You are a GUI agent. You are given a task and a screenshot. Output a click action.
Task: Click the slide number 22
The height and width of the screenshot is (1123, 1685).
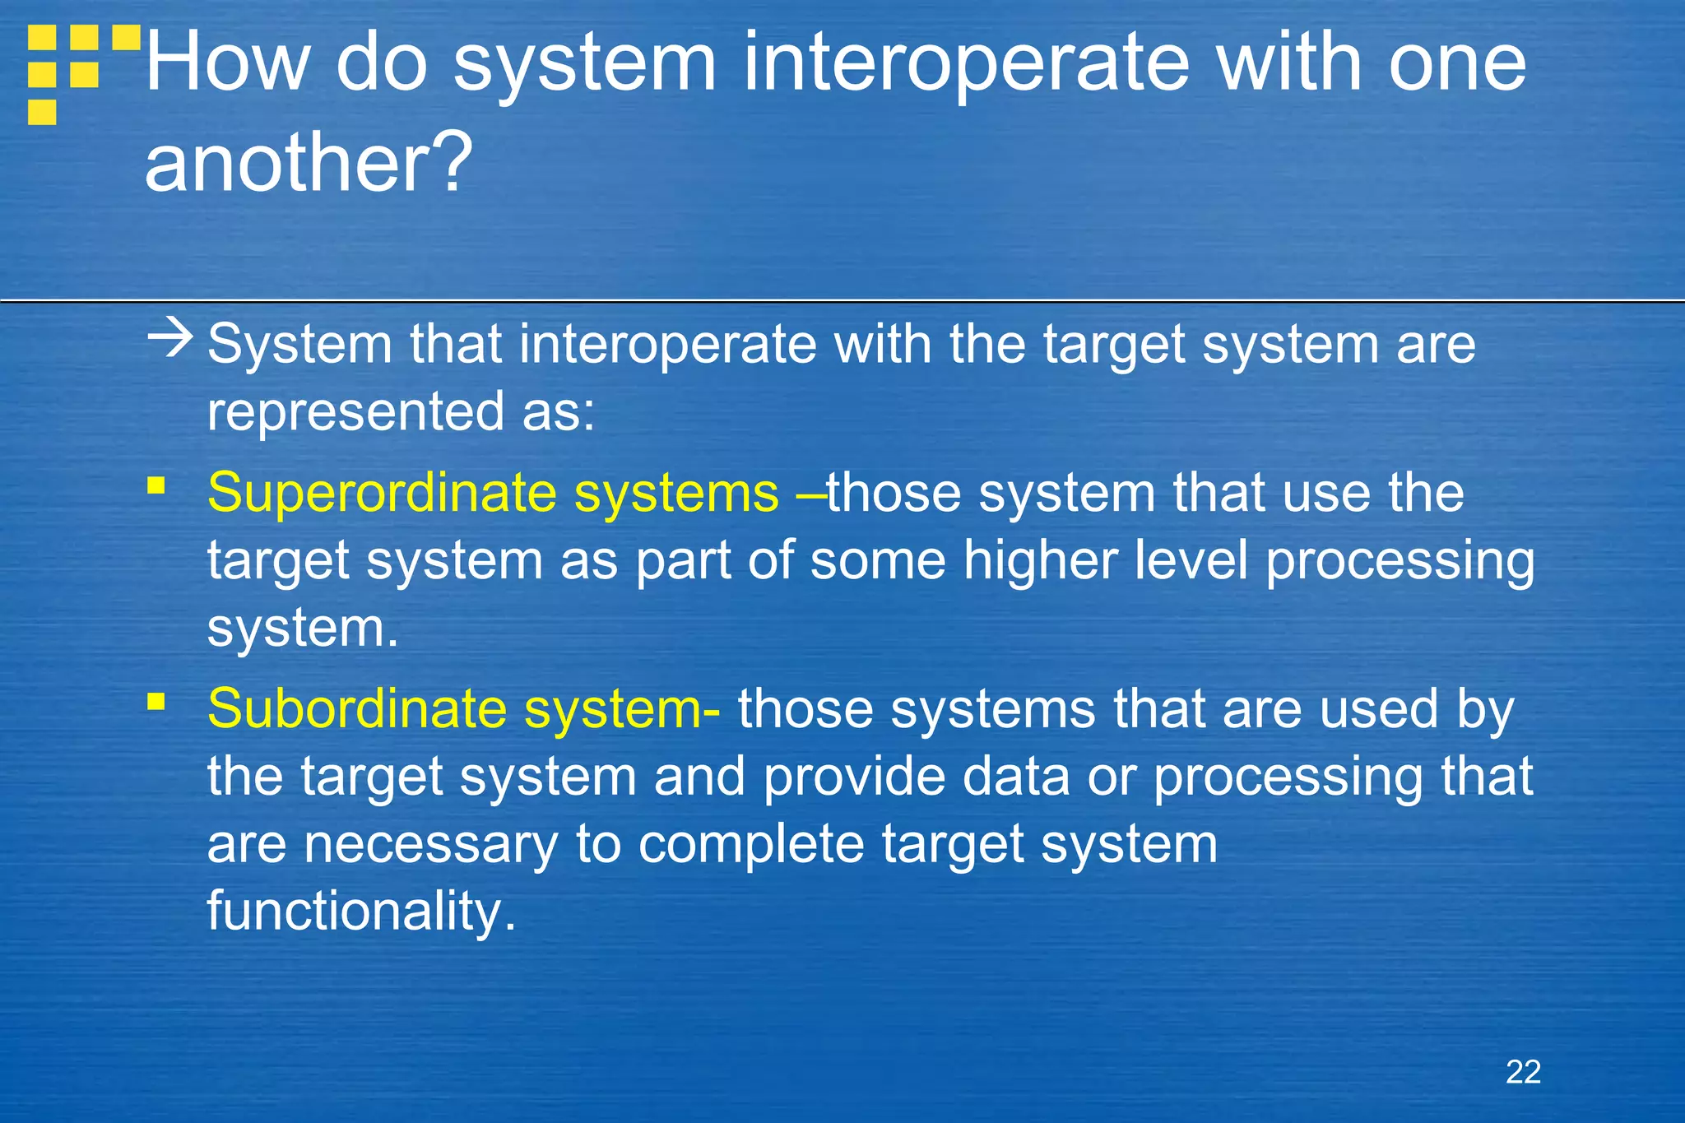tap(1523, 1072)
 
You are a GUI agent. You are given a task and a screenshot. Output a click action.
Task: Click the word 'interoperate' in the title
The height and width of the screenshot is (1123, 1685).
tap(966, 64)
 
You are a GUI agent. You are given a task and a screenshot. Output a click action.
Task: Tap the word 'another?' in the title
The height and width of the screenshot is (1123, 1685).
tap(309, 162)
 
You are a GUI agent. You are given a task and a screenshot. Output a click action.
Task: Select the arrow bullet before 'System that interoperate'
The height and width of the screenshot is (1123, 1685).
tap(170, 339)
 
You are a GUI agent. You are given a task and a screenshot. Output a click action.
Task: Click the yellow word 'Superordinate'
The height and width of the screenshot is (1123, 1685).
tap(382, 494)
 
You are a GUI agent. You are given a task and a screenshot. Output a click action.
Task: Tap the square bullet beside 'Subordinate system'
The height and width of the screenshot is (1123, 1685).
tap(156, 702)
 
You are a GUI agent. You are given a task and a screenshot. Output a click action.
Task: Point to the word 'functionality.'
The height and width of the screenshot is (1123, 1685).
tap(361, 912)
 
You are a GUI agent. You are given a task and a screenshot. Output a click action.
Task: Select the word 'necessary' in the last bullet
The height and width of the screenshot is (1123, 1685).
tap(431, 845)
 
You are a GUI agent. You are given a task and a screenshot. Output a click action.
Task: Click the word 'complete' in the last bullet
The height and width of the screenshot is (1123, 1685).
tap(750, 845)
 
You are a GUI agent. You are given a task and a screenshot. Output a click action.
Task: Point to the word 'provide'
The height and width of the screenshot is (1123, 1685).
tap(854, 777)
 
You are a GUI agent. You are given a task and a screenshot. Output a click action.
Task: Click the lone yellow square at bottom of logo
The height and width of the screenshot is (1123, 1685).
tap(42, 112)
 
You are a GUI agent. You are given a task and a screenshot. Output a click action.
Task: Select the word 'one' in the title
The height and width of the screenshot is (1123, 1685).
tap(1457, 64)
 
